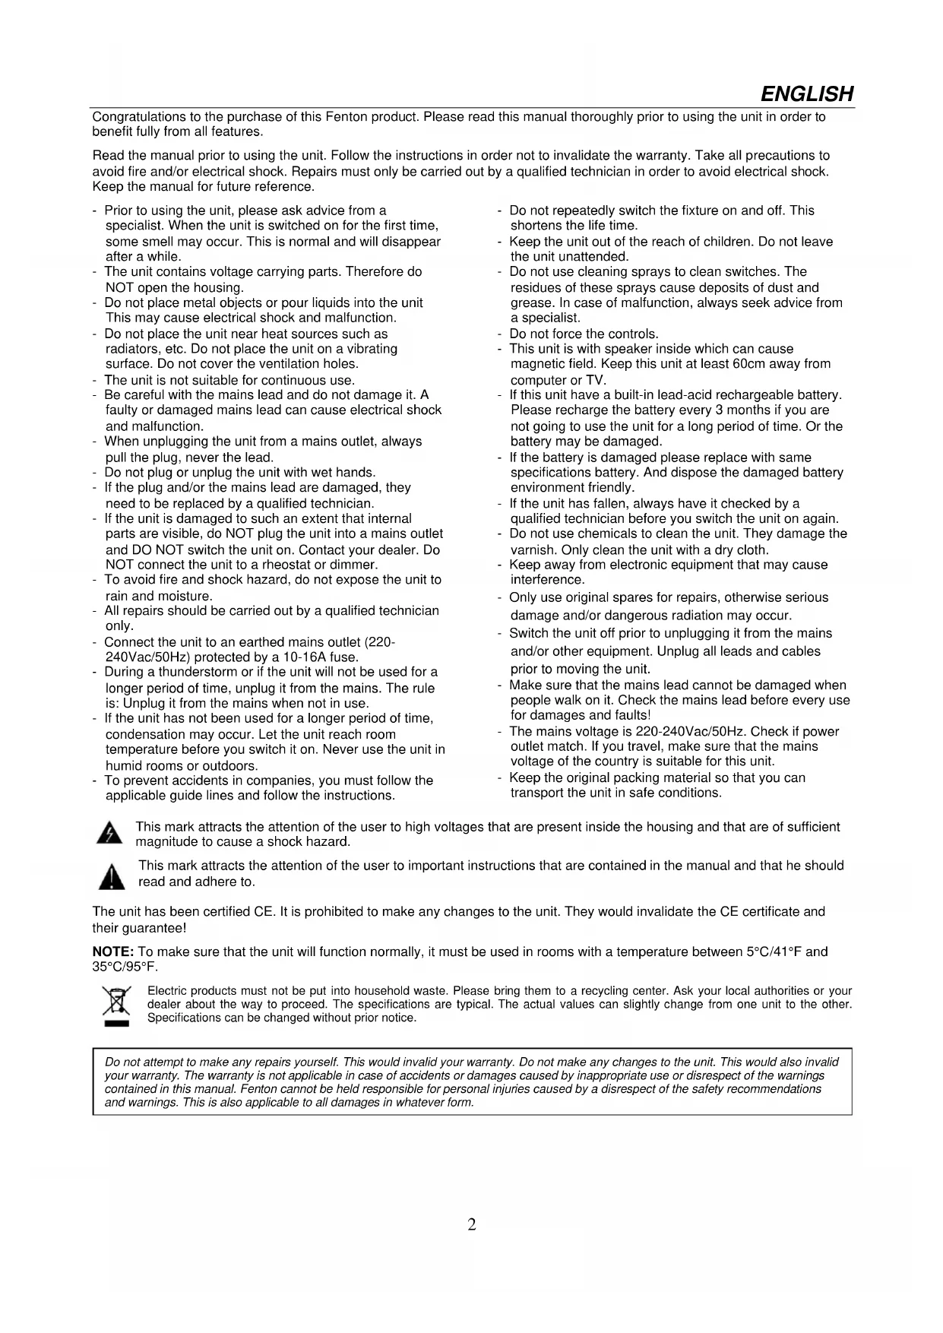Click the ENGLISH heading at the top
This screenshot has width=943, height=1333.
(806, 94)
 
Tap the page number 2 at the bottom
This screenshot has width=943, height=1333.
(471, 1224)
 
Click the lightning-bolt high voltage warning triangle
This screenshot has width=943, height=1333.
(110, 834)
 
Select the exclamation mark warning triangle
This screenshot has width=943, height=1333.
(112, 876)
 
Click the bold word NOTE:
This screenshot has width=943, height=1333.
(113, 952)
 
